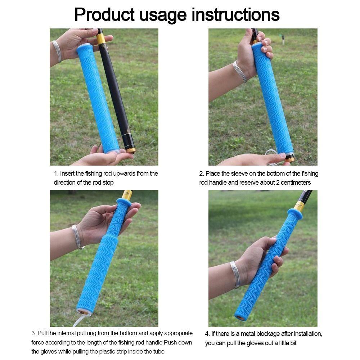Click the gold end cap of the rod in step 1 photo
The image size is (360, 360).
[130, 149]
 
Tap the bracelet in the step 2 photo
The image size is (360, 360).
[239, 71]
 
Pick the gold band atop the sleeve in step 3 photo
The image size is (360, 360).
[127, 195]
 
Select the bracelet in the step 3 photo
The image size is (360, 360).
[76, 237]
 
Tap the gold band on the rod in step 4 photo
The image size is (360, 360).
[299, 207]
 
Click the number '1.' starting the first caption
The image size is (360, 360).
[56, 174]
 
